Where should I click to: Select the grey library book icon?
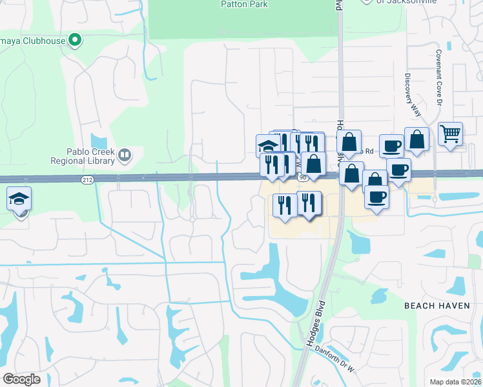124,154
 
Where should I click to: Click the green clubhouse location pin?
76,41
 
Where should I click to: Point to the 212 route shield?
88,180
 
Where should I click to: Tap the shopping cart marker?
450,134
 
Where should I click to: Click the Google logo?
21,379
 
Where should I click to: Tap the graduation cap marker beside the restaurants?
267,146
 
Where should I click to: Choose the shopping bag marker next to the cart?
417,139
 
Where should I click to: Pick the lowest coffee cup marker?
376,197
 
